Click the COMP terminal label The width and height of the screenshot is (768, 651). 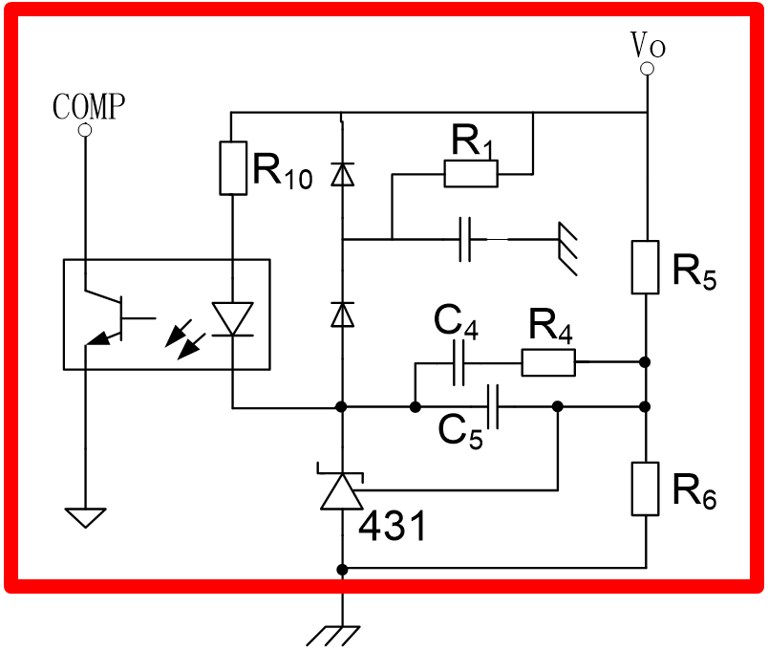coord(89,106)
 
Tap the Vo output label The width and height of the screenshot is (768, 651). coord(648,45)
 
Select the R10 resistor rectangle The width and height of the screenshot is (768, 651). coord(233,168)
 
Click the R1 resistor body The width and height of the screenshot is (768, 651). coord(471,174)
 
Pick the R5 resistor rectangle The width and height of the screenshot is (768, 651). coord(645,267)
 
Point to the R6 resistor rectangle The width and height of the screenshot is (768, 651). coord(645,488)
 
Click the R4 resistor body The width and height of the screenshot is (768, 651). coord(548,362)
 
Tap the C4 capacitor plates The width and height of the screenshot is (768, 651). coord(459,363)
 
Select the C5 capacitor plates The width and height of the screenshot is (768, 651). coord(493,407)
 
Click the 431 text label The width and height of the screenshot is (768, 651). coord(392,526)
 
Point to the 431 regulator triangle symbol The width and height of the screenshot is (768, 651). coord(342,491)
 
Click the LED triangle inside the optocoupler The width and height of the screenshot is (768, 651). coord(233,318)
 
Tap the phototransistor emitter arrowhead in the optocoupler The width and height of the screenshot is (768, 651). coord(101,337)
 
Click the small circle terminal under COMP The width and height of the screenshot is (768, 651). coord(85,130)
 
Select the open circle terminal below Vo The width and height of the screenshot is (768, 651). coord(647,69)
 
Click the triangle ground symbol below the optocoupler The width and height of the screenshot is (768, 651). coord(85,518)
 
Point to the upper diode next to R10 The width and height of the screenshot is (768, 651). coord(342,174)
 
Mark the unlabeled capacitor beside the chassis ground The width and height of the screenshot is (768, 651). coord(465,239)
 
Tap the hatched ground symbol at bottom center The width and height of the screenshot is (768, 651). coord(333,636)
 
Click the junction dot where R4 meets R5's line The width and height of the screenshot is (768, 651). coord(645,362)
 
